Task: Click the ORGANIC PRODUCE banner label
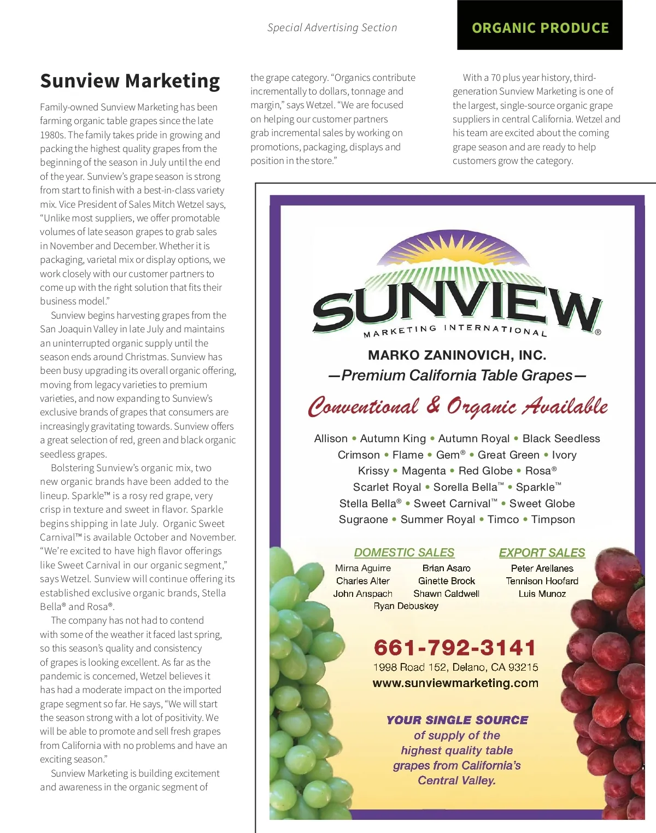tap(540, 28)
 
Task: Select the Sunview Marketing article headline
tap(130, 81)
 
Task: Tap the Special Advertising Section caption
tap(332, 28)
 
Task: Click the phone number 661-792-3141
tap(455, 648)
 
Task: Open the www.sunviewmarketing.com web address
tap(455, 683)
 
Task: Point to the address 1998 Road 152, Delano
tap(455, 667)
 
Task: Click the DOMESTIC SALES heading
tap(404, 553)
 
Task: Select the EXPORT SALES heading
tap(542, 553)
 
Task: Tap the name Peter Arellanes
tap(542, 568)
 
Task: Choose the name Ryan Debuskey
tap(406, 606)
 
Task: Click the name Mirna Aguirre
tap(363, 568)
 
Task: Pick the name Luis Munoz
tap(542, 594)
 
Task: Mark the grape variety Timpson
tap(553, 519)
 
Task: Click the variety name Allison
tap(331, 438)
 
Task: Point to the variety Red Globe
tap(485, 471)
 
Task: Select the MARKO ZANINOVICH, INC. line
tap(457, 355)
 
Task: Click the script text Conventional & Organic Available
tap(458, 407)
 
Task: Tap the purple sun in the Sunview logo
tap(456, 249)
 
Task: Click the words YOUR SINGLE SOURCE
tap(457, 720)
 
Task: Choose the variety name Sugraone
tap(363, 519)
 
